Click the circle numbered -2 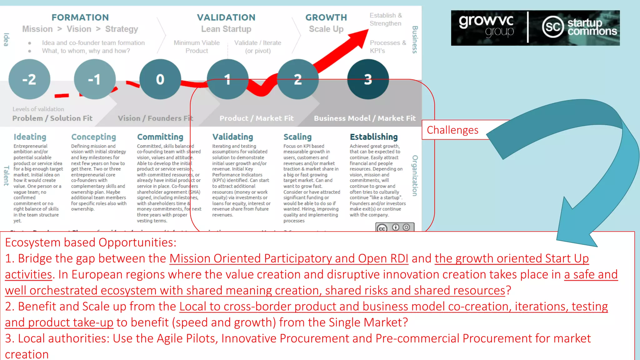[x=29, y=79]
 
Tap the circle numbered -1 [x=95, y=79]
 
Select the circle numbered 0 [x=160, y=79]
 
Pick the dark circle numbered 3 [x=368, y=79]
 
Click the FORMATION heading [x=80, y=17]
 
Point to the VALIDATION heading [x=226, y=17]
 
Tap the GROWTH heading [x=326, y=17]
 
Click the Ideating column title [x=30, y=137]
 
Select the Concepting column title [x=93, y=137]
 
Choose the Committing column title [x=160, y=137]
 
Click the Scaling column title [x=297, y=137]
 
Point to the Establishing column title [x=374, y=137]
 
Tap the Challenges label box [x=452, y=130]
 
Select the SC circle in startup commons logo [x=553, y=27]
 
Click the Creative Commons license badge [x=395, y=227]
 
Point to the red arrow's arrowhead [x=360, y=37]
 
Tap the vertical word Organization [x=415, y=176]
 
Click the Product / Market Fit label [x=257, y=118]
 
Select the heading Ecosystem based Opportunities [x=91, y=242]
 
